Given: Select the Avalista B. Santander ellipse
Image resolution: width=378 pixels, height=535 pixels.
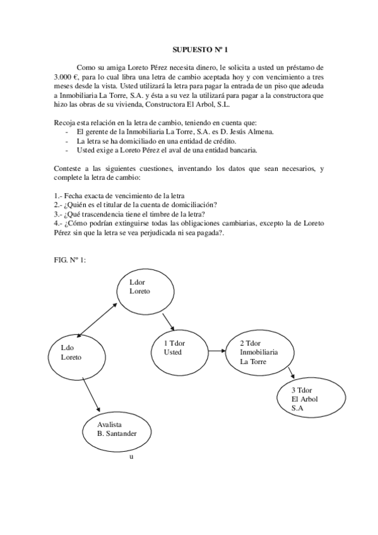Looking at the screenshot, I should pyautogui.click(x=117, y=429).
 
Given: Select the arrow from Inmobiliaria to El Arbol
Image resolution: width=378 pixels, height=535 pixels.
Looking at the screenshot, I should pyautogui.click(x=289, y=373).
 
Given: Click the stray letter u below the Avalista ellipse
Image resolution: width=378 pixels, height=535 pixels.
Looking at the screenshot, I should pyautogui.click(x=131, y=456).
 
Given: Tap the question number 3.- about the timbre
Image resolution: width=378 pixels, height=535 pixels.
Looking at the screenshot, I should pyautogui.click(x=57, y=214).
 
